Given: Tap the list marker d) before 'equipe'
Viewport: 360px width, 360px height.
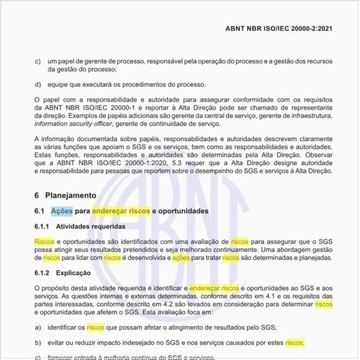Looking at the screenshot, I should (37, 84).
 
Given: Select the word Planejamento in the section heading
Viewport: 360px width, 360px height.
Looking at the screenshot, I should (71, 194).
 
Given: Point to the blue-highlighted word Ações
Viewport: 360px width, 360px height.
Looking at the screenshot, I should (61, 211).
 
